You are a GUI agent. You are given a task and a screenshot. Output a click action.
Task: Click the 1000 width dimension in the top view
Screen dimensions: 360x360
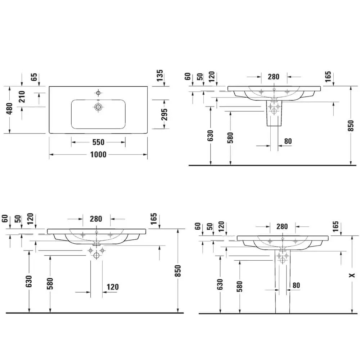[x=98, y=154]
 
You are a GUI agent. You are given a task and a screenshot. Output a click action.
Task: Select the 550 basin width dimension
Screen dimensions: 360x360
[x=98, y=143]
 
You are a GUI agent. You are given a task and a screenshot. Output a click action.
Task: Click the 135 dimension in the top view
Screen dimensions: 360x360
[x=160, y=76]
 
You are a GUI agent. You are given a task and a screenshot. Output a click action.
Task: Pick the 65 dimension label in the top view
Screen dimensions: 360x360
[x=34, y=77]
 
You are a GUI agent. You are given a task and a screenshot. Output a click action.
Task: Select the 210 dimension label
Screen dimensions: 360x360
[x=22, y=97]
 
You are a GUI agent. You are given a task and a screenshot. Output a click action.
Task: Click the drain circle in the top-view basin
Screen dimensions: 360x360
[x=98, y=107]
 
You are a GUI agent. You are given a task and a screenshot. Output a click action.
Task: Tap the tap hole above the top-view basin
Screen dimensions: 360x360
[x=98, y=93]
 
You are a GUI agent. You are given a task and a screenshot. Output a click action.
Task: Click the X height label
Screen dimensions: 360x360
[x=352, y=275]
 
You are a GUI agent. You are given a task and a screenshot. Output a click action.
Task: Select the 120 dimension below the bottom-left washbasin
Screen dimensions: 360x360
[x=113, y=287]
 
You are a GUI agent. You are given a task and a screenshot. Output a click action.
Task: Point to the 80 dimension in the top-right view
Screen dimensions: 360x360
[x=288, y=141]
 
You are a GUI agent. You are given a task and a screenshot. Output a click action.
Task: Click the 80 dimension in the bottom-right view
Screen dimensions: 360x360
[x=296, y=285]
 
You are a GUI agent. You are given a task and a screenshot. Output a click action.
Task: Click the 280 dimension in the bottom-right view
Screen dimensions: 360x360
[x=282, y=226]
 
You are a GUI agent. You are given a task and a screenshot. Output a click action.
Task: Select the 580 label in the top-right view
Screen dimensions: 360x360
[x=230, y=138]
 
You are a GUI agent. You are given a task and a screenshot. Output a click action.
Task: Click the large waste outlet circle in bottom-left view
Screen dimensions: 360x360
[x=96, y=256]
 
